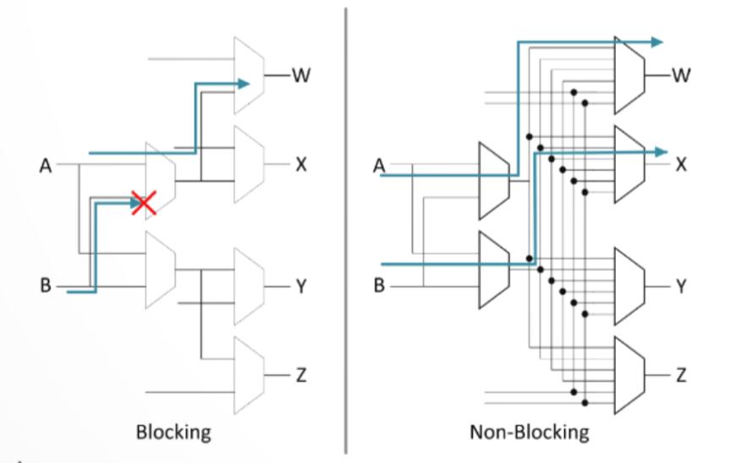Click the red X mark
point(144,202)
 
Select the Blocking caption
point(173,433)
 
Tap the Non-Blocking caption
point(529,433)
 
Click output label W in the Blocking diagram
point(301,75)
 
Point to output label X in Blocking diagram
point(301,165)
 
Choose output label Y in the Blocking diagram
point(301,287)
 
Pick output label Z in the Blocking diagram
point(301,375)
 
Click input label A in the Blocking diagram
point(45,166)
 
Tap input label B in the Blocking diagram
point(45,285)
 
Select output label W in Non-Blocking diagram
point(681,75)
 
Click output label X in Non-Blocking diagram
point(681,165)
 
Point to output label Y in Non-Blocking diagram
point(681,287)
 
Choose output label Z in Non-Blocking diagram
point(681,375)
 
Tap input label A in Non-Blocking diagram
point(379,166)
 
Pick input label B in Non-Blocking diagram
point(379,285)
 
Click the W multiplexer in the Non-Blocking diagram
point(629,75)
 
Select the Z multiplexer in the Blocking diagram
point(250,375)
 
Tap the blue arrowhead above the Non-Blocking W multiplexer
point(657,42)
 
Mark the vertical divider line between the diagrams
point(346,230)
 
